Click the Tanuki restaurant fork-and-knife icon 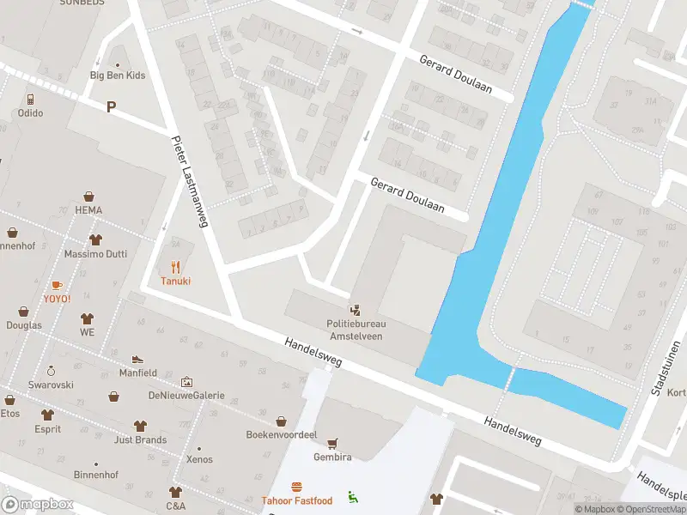[x=175, y=266]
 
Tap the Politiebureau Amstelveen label [x=356, y=330]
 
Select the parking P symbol [x=110, y=106]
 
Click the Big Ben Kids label [x=118, y=76]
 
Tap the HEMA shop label [x=88, y=210]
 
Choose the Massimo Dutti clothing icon [x=94, y=240]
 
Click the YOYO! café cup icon [x=57, y=284]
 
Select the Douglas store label [x=23, y=325]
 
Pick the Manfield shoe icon [x=137, y=359]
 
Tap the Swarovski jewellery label [x=51, y=385]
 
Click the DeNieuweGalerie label [x=186, y=396]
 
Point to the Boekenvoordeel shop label [x=282, y=434]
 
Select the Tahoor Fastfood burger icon [x=296, y=487]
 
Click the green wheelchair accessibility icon [x=353, y=496]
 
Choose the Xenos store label [x=199, y=460]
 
